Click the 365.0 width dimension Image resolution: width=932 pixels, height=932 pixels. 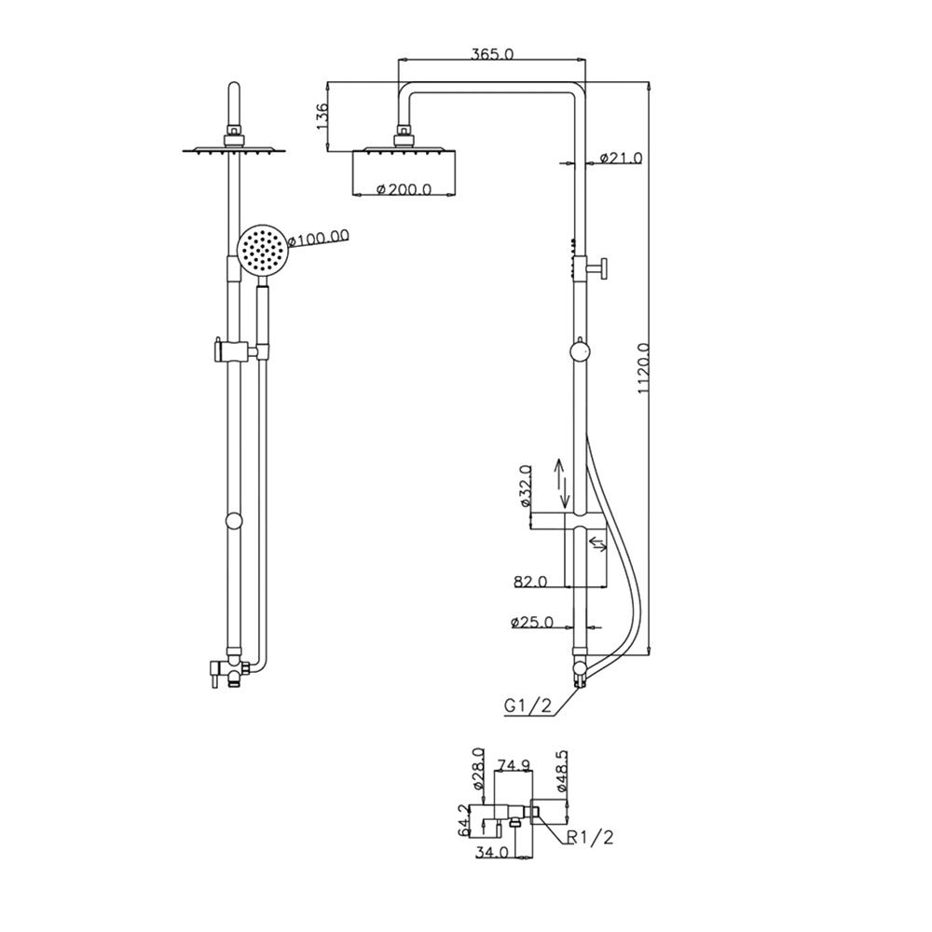pos(492,53)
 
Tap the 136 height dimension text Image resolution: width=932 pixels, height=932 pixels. pos(321,117)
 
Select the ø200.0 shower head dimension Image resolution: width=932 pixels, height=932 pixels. pos(404,189)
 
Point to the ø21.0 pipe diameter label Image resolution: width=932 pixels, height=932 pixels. pos(621,158)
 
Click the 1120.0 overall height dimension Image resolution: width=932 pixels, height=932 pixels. pos(642,368)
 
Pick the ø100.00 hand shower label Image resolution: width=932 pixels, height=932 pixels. pos(319,238)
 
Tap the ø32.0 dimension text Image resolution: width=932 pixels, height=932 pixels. pos(525,486)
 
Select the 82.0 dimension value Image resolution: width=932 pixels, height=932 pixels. pos(530,582)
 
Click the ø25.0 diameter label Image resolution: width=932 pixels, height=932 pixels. pos(531,623)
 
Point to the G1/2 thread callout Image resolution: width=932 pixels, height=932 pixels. pos(528,706)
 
